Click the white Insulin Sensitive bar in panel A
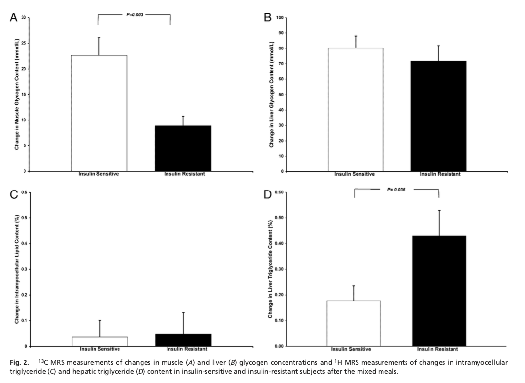click(99, 113)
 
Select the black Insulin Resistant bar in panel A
click(183, 148)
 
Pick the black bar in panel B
click(438, 116)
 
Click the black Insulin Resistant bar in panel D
click(438, 291)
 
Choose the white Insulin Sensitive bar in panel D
click(354, 323)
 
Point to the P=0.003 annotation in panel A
click(135, 15)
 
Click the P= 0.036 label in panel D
click(397, 189)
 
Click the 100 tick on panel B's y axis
click(280, 18)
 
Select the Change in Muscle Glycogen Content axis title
click(17, 94)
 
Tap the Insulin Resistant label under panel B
click(440, 174)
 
